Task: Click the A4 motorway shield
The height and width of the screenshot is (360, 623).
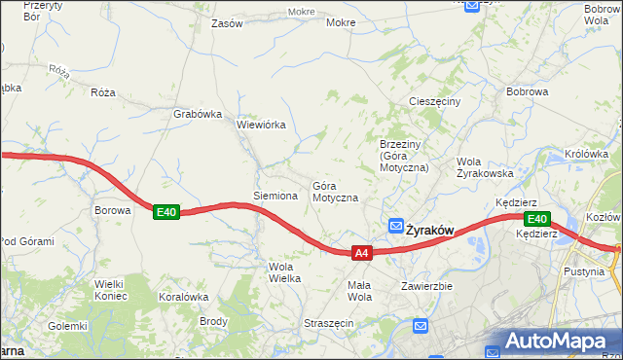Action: pos(361,253)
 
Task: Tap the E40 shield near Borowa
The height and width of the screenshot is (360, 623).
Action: pos(166,211)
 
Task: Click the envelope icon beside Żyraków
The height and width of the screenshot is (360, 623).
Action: pos(396,226)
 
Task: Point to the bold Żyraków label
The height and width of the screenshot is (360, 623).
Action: pos(430,231)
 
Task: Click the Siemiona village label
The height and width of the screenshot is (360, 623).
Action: pos(275,196)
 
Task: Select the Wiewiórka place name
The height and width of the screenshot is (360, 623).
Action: pos(260,125)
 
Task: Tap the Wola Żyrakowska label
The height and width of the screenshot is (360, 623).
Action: pos(485,167)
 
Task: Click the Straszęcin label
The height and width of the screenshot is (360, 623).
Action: pos(326,322)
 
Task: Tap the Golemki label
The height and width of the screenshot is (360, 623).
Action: pos(68,326)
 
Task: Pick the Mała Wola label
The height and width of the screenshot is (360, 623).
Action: pos(360,291)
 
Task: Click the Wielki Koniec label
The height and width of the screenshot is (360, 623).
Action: pos(111,290)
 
